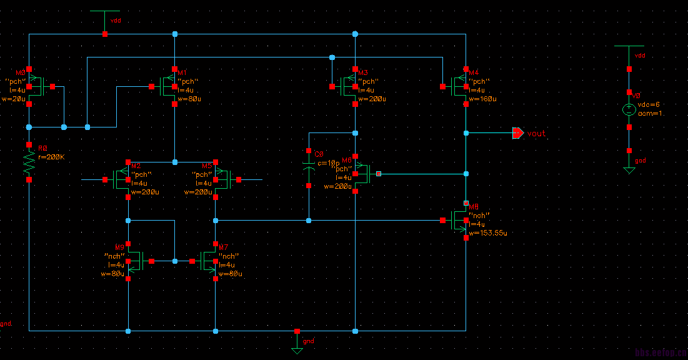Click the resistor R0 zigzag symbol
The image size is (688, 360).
click(29, 164)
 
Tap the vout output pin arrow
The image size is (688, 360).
click(517, 133)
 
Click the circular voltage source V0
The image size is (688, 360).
click(629, 109)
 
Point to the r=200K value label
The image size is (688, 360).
click(52, 157)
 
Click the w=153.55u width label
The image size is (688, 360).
click(488, 232)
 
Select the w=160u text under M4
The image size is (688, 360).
click(484, 99)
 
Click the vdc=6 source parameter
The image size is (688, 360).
click(649, 104)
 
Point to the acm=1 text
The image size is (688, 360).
click(649, 113)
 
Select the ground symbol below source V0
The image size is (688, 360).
click(629, 169)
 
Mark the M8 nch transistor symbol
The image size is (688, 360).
click(460, 220)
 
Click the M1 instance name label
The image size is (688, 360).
click(182, 72)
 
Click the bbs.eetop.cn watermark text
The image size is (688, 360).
click(661, 352)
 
